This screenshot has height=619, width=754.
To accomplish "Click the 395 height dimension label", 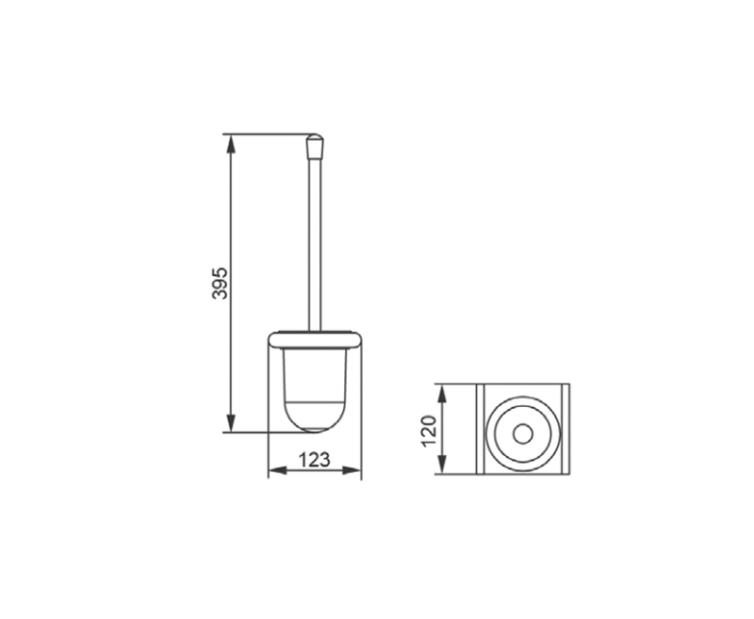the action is [220, 283].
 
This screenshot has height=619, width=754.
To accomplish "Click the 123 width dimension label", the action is [315, 460].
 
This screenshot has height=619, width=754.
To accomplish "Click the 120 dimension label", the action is [429, 431].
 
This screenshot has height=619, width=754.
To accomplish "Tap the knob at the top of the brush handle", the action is [315, 146].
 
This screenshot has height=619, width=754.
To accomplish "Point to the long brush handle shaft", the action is [315, 245].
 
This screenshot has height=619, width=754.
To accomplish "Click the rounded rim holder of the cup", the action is [315, 340].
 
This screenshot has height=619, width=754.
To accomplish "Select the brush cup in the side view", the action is [315, 390].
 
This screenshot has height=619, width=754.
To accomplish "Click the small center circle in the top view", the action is [523, 434].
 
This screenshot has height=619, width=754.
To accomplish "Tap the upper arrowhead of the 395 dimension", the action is [231, 143].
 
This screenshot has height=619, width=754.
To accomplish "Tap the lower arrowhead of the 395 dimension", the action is [231, 423].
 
